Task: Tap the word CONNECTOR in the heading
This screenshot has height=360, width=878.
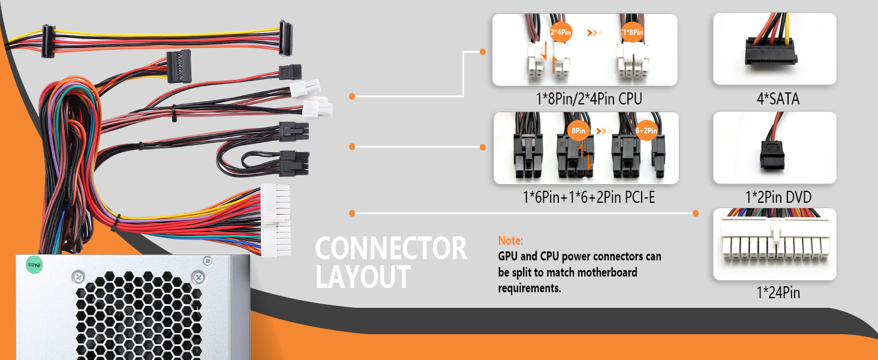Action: tap(391, 248)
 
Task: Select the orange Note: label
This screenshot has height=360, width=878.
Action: tap(510, 241)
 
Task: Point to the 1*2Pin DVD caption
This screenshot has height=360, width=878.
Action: tap(775, 197)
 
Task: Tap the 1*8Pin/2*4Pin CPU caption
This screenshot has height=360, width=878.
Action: tap(585, 99)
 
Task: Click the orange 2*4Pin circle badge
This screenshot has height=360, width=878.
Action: tap(560, 32)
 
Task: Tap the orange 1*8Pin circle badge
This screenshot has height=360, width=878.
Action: tap(633, 32)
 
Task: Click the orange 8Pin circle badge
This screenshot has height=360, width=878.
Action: tap(578, 130)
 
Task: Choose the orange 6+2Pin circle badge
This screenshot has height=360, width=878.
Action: tap(647, 130)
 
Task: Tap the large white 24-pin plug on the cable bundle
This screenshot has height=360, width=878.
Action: tap(275, 219)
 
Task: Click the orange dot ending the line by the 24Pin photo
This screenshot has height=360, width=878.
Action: tap(696, 213)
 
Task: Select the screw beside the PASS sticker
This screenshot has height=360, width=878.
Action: tap(78, 277)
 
